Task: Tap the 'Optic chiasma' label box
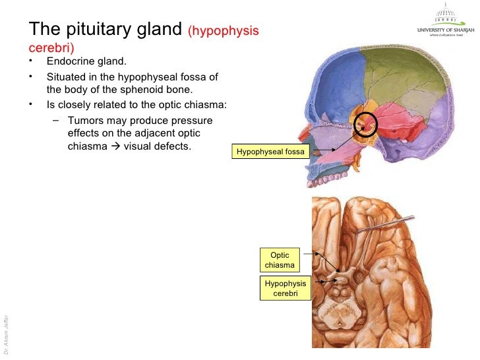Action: click(x=280, y=260)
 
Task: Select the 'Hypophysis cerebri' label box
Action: click(x=285, y=288)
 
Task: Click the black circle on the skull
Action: click(x=365, y=123)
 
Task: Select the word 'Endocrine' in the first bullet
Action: click(x=71, y=63)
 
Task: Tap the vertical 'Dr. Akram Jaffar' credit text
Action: click(x=6, y=333)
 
